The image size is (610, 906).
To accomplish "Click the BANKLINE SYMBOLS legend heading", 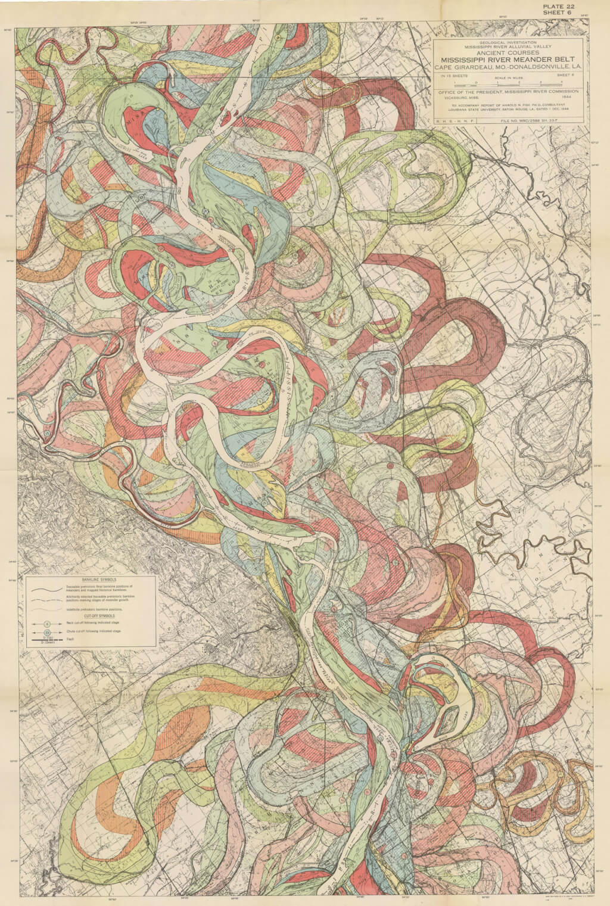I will coord(100,579).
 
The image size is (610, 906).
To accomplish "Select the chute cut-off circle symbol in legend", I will coord(47,631).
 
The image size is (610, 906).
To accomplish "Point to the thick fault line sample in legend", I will coord(47,640).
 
